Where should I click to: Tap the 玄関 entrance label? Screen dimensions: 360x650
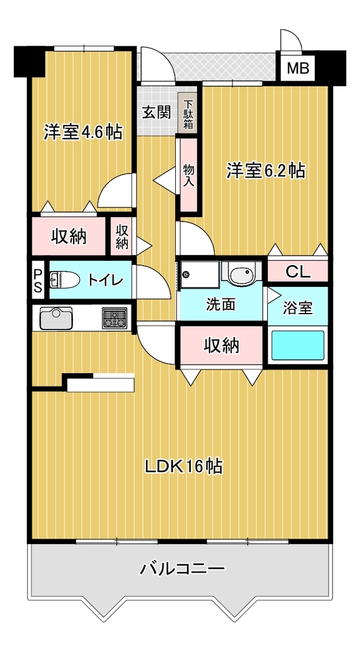pos(157,112)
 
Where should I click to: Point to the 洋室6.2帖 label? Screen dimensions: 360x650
pos(266,170)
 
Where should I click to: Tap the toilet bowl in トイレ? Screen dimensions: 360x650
pos(64,280)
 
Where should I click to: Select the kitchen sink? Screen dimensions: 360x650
pos(56,318)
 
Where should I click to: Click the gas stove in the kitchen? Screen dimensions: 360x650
pos(115,318)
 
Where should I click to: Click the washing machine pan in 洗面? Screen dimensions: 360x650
pos(200,274)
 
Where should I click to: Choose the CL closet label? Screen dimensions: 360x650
pos(298,272)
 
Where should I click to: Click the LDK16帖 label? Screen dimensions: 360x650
pos(183,467)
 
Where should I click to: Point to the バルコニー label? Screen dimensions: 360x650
pos(182,568)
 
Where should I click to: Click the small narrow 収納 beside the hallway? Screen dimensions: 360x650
pos(121,236)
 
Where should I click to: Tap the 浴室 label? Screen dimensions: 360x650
pos(297,308)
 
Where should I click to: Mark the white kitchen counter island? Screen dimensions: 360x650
pos(100,383)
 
